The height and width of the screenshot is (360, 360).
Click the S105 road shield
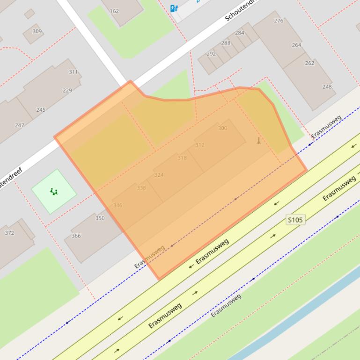[x=295, y=219]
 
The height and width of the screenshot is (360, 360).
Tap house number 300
[x=222, y=128]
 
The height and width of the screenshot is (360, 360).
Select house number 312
[x=200, y=145]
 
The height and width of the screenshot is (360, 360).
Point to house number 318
[x=182, y=158]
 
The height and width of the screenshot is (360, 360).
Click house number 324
[x=159, y=175]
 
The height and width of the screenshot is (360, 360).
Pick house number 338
[x=141, y=188]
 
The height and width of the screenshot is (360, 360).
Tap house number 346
[x=118, y=205]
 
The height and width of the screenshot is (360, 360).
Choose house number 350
[x=100, y=218]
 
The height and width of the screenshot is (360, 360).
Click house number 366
[x=76, y=236]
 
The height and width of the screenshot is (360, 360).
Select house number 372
[x=9, y=233]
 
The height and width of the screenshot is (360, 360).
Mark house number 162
[x=114, y=11]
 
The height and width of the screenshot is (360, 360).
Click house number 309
[x=37, y=31]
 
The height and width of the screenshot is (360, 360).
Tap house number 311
[x=73, y=72]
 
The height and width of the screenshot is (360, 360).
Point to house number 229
[x=67, y=91]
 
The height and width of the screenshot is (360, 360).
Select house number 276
[x=279, y=21]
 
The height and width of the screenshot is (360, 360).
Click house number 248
[x=327, y=86]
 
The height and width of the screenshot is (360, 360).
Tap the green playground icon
[x=54, y=192]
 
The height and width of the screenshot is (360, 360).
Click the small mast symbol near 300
[x=258, y=141]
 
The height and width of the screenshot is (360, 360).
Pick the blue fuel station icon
[x=174, y=7]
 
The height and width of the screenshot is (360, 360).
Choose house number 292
[x=211, y=54]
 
